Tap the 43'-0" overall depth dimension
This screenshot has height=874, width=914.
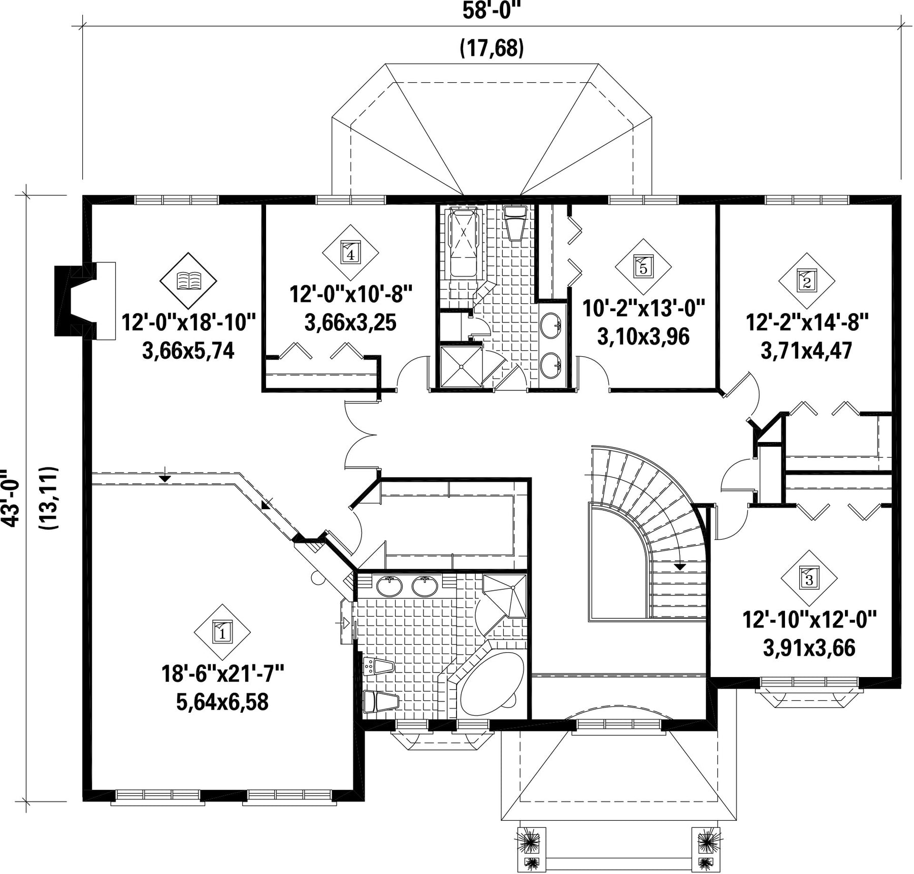click(11, 498)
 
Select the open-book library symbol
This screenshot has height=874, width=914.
click(188, 280)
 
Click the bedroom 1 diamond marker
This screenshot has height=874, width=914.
click(222, 632)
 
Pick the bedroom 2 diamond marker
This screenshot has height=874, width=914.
click(807, 281)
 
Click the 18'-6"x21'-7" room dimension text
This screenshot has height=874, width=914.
click(222, 674)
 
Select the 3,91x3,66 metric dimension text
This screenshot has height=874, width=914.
click(809, 648)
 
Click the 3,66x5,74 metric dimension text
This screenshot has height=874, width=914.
click(188, 351)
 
